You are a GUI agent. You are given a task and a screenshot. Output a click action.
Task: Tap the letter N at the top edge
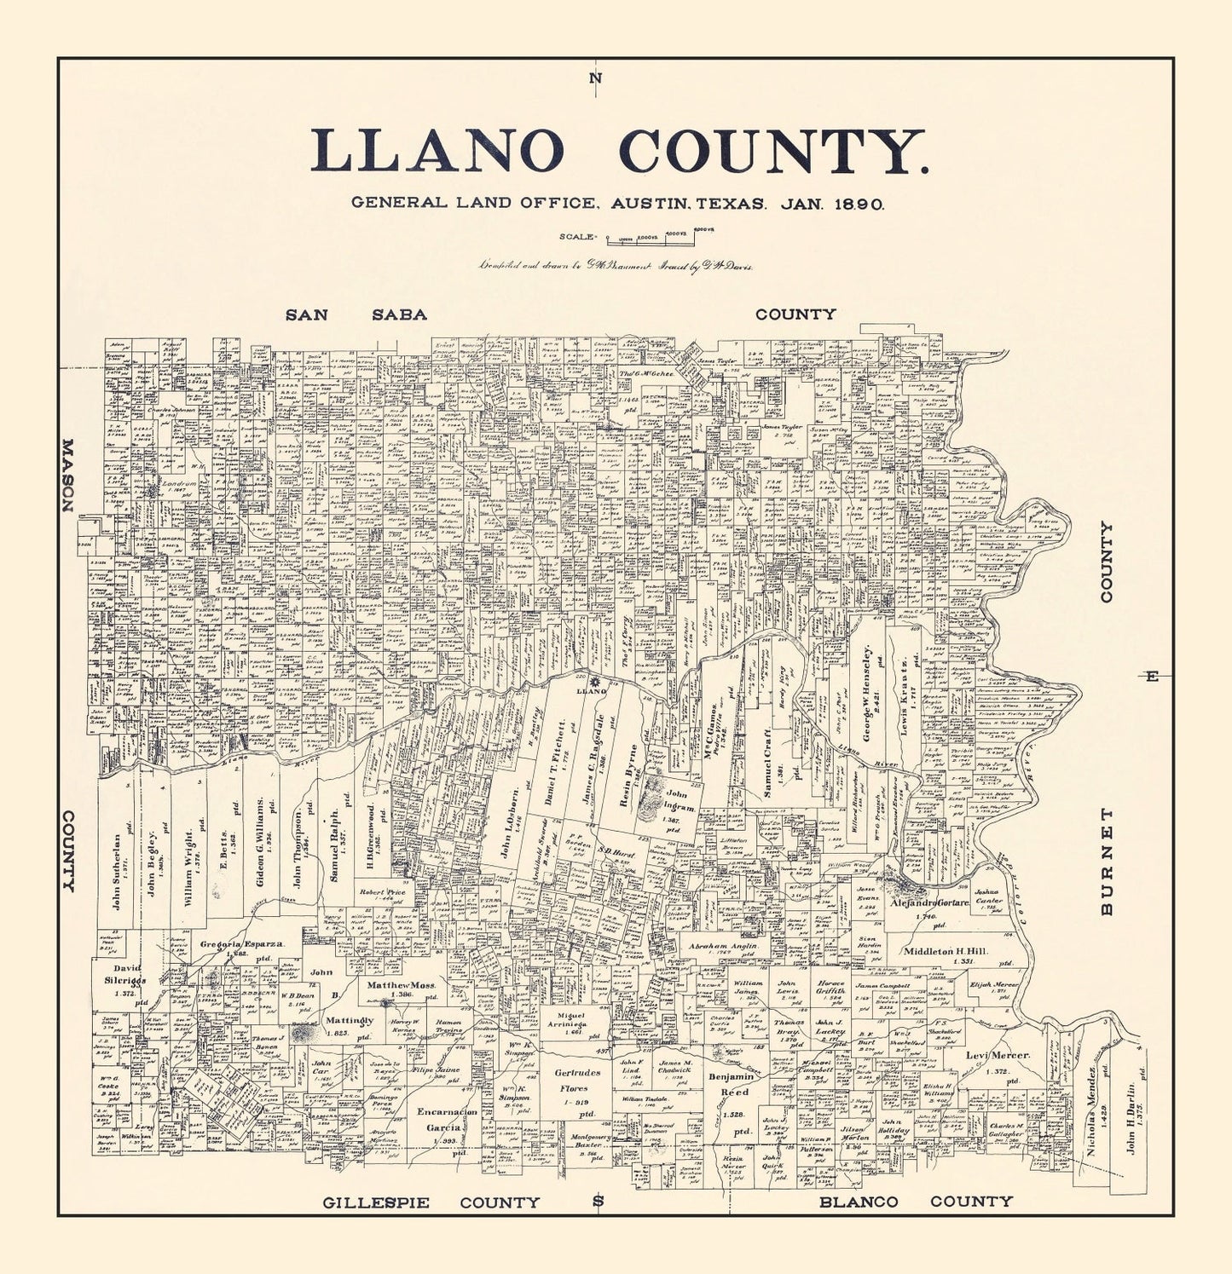595,79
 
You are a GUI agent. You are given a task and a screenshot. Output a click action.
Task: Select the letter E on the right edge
1152,677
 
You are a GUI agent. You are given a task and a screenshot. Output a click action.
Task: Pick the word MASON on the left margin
67,476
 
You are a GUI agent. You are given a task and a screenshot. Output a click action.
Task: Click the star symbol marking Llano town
595,681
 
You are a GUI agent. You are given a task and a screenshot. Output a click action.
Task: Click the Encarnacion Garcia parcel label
446,1119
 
